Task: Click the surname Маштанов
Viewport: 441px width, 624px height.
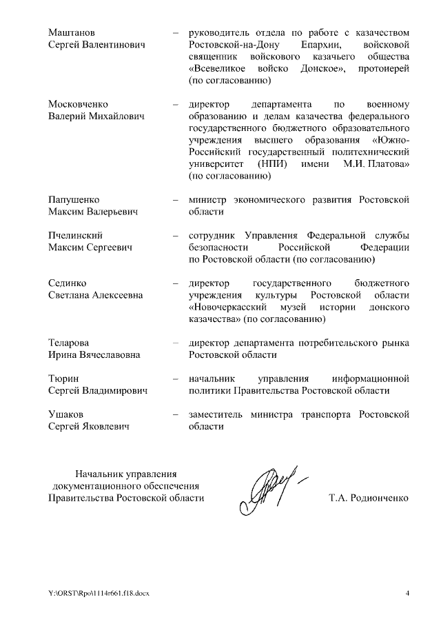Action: click(x=72, y=32)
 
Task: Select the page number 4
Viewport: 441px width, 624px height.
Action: click(x=407, y=593)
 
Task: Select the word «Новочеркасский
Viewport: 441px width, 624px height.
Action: click(x=228, y=307)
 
